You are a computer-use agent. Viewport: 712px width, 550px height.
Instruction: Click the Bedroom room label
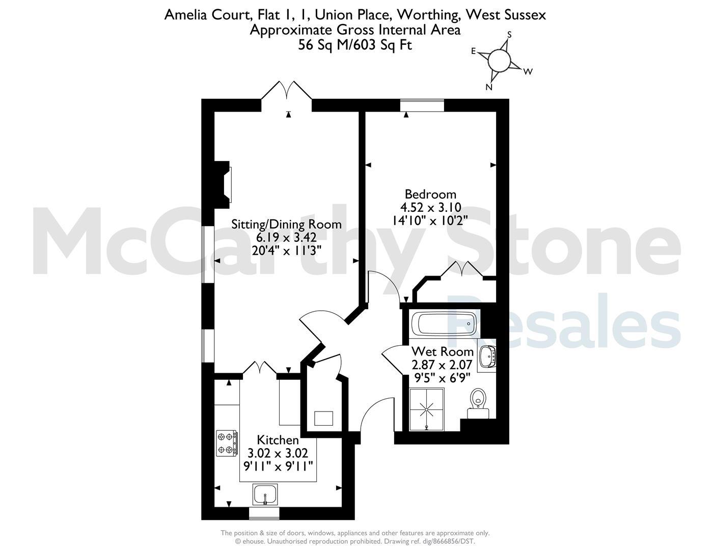(430, 194)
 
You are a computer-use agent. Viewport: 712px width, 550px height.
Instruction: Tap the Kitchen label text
(278, 440)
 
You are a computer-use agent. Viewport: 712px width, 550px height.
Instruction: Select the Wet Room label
(443, 352)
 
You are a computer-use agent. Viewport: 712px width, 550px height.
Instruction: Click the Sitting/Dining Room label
(286, 225)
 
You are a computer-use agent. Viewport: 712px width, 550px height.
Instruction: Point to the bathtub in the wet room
(444, 324)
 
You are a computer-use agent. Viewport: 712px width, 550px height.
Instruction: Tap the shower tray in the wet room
(427, 409)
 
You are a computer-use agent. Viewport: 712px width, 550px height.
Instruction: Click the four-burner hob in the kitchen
(227, 443)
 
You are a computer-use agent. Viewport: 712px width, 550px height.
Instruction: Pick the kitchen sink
(265, 494)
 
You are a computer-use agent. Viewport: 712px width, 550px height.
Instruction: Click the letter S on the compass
(509, 35)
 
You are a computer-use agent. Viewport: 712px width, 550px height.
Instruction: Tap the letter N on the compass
(489, 87)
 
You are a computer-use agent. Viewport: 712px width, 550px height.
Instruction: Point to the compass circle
(499, 60)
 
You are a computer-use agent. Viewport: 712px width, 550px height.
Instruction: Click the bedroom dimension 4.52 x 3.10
(430, 207)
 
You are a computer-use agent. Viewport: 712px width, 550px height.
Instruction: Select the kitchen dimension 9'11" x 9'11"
(278, 465)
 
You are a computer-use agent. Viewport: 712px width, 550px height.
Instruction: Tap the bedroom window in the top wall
(422, 105)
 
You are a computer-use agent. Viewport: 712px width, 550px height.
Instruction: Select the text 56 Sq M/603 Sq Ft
(355, 45)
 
